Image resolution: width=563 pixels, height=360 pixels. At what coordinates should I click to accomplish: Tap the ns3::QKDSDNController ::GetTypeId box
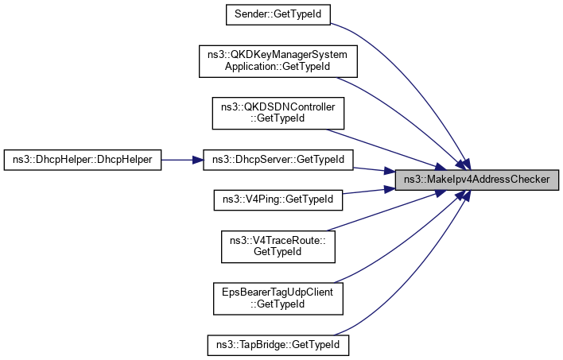[277, 113]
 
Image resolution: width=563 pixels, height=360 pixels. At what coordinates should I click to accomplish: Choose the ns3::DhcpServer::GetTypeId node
[277, 160]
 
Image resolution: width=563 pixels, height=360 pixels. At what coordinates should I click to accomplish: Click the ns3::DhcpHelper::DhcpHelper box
[83, 160]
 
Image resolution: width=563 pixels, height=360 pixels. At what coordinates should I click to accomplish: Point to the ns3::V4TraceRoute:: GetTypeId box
[277, 246]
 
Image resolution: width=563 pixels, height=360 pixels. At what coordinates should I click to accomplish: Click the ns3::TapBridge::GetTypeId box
[277, 346]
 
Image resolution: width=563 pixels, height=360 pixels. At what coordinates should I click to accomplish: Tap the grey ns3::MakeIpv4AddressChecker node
[476, 180]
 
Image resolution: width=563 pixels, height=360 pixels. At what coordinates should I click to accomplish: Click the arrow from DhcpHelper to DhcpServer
[183, 160]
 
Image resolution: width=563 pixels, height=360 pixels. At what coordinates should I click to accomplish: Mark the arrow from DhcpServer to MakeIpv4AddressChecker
[374, 168]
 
